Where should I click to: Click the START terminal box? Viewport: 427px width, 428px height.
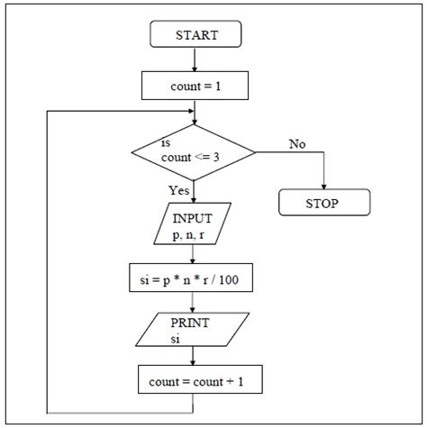pos(195,36)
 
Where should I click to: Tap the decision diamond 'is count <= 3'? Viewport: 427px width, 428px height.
pos(195,151)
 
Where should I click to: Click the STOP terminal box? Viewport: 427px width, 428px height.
pos(323,204)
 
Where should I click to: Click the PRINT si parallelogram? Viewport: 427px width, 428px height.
pos(195,330)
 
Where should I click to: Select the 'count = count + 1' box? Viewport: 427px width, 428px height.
pos(195,380)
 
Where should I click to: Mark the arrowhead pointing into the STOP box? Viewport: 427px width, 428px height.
pos(323,186)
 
